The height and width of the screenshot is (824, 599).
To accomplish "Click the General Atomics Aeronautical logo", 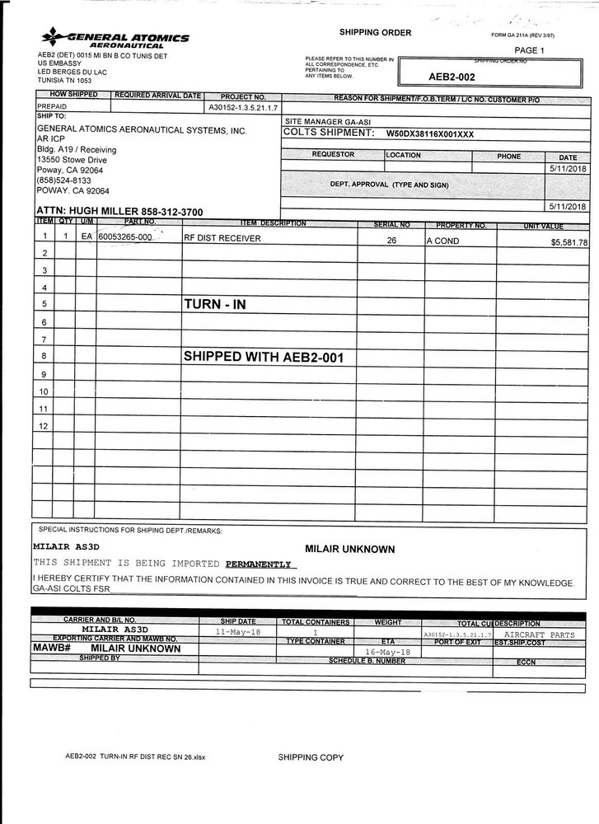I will coord(115,38).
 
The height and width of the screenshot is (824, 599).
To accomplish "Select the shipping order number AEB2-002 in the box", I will coord(452,77).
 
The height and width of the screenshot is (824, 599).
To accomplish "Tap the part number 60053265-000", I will coord(125,237).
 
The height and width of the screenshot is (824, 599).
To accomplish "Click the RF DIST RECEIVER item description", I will coord(222,238).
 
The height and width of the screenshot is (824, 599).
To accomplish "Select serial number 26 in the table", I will coord(391,241).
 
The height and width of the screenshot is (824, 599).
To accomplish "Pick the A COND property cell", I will coord(442,241).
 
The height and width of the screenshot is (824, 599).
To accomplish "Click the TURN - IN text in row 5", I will coord(214,304).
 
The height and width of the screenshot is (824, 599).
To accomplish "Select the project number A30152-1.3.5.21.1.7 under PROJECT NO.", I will coord(243,107).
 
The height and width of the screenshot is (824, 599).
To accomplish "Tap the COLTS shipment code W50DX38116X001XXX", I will coord(430,133).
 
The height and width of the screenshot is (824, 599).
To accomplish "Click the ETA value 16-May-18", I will coord(381,651).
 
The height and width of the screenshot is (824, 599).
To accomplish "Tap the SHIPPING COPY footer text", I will coord(310,756).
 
